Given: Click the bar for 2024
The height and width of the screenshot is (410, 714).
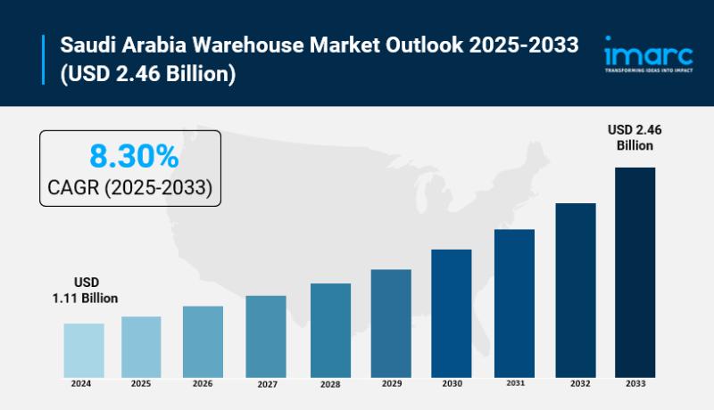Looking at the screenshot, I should tap(84, 349).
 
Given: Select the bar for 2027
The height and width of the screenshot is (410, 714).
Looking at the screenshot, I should tap(266, 336).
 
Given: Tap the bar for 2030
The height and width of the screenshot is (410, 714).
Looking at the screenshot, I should tap(452, 312).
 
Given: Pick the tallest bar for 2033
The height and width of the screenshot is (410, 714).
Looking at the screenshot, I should tap(635, 272).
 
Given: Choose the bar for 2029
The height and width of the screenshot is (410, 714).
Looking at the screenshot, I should tap(391, 323).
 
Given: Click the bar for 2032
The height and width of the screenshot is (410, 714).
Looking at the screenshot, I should tap(576, 290).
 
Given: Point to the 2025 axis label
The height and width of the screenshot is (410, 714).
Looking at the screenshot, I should tap(141, 383).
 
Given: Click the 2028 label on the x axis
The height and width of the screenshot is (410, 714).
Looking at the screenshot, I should tap(330, 384).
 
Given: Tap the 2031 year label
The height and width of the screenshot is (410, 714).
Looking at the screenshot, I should tap(514, 383).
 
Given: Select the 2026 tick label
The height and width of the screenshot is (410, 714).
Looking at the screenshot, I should tap(203, 383).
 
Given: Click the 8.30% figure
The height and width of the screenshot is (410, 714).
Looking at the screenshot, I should tap(134, 157).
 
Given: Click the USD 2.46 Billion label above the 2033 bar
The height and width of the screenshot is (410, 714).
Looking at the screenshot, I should tap(634, 137).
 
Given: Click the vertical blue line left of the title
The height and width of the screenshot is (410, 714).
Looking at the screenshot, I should tap(43, 59).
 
